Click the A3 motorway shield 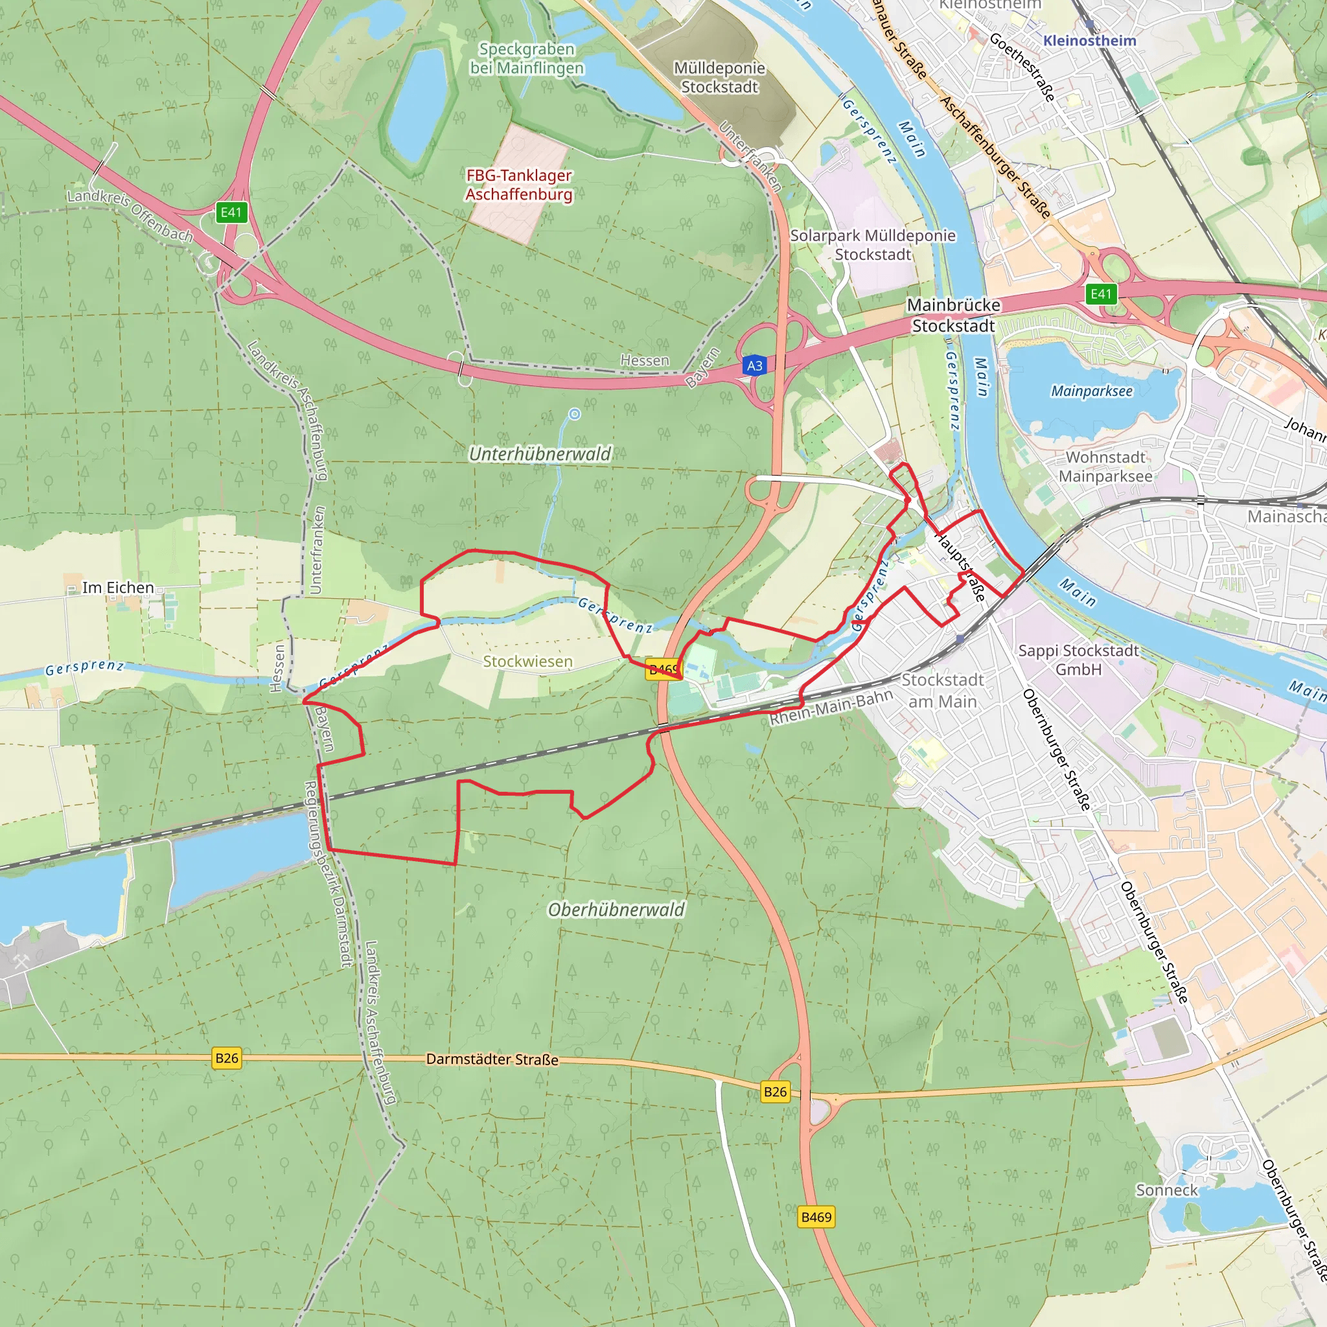point(754,365)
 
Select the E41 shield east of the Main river point(1100,294)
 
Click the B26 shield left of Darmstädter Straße point(227,1057)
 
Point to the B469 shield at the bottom point(816,1217)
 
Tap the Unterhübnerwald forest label point(540,454)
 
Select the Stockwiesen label point(527,662)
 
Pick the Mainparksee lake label point(1091,391)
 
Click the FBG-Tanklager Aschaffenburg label point(518,185)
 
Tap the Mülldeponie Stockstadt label point(719,78)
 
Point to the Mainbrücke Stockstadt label point(953,316)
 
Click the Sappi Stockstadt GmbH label point(1078,660)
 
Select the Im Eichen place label point(118,587)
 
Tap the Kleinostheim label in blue point(1089,41)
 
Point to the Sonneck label point(1166,1190)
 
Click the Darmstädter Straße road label point(492,1059)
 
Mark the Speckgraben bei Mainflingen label point(527,58)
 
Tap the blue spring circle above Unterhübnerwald point(575,413)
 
